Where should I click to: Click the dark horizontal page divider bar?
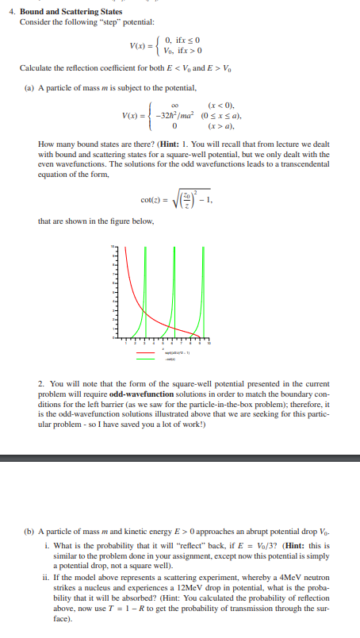[180, 458]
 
